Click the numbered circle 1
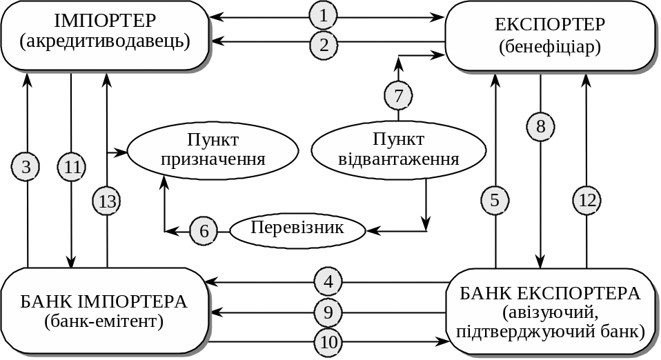point(324,15)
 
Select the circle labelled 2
point(324,45)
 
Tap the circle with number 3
point(26,166)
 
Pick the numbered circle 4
point(328,281)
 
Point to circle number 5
point(495,200)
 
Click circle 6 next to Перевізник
point(204,230)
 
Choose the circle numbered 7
point(397,94)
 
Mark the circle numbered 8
point(540,126)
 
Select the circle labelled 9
point(328,312)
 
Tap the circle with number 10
point(328,341)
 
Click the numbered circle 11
point(72,166)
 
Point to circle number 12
point(587,200)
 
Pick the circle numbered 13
point(107,201)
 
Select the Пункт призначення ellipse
point(213,150)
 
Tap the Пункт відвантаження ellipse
point(399,150)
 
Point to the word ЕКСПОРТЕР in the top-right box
point(550,25)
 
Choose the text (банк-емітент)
point(103,321)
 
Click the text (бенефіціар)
point(550,47)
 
